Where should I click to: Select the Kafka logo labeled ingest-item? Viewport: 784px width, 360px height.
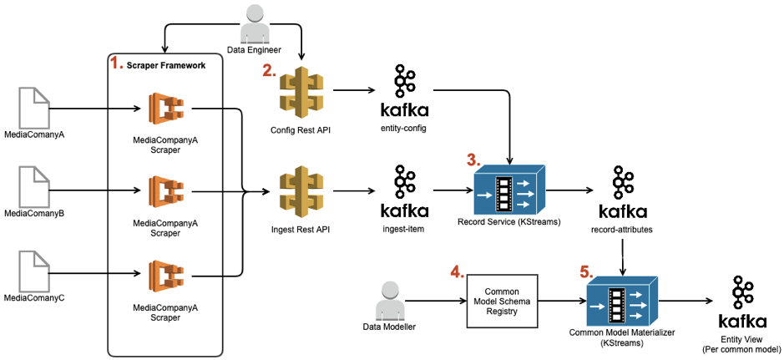405,192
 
